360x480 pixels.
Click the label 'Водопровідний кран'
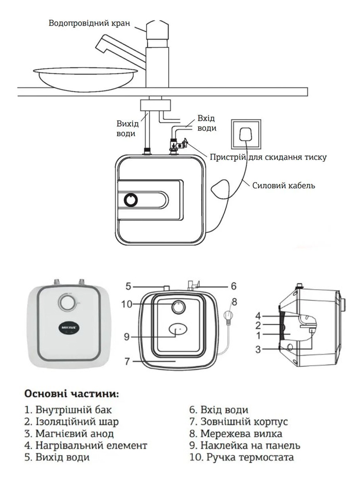tap(88, 24)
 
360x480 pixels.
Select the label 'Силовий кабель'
tap(283, 185)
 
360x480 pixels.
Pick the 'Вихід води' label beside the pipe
tap(127, 129)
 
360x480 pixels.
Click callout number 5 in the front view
tap(129, 286)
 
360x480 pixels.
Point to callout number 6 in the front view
tap(233, 285)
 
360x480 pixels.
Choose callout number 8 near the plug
tap(235, 301)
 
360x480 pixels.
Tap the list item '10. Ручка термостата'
tap(241, 457)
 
